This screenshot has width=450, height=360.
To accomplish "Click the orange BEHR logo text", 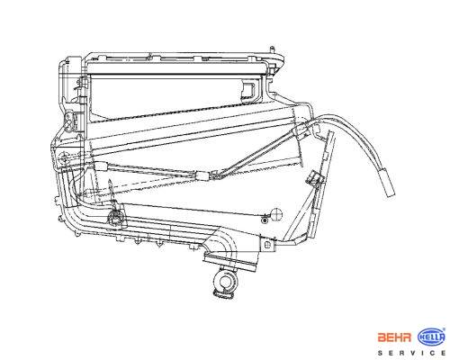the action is click(x=394, y=337).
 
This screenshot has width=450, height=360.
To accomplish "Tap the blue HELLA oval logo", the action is click(x=431, y=337).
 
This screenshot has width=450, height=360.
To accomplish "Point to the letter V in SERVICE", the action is click(x=413, y=353).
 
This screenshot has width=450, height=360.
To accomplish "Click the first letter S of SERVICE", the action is click(x=380, y=353).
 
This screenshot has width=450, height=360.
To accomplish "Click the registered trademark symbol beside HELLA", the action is click(x=445, y=329).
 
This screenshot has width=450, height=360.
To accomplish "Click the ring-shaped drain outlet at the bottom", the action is click(x=224, y=282).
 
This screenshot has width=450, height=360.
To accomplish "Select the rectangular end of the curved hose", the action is click(x=388, y=182).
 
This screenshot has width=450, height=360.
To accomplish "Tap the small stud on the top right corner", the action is click(x=272, y=49).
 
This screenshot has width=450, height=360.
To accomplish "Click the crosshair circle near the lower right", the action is click(x=276, y=214).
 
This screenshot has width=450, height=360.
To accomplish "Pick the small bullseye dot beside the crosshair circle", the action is click(x=265, y=220).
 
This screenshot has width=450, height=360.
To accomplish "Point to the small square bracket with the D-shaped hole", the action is click(x=268, y=245).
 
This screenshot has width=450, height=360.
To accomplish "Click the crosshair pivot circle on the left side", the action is click(x=64, y=157).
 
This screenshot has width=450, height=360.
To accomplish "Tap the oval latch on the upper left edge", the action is click(x=69, y=120).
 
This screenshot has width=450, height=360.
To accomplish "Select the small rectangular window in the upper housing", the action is click(x=248, y=89).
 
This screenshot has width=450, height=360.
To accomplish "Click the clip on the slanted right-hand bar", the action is click(x=314, y=177).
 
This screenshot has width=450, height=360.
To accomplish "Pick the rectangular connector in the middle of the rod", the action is click(x=203, y=175).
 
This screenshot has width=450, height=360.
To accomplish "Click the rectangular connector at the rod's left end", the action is click(x=101, y=166).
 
